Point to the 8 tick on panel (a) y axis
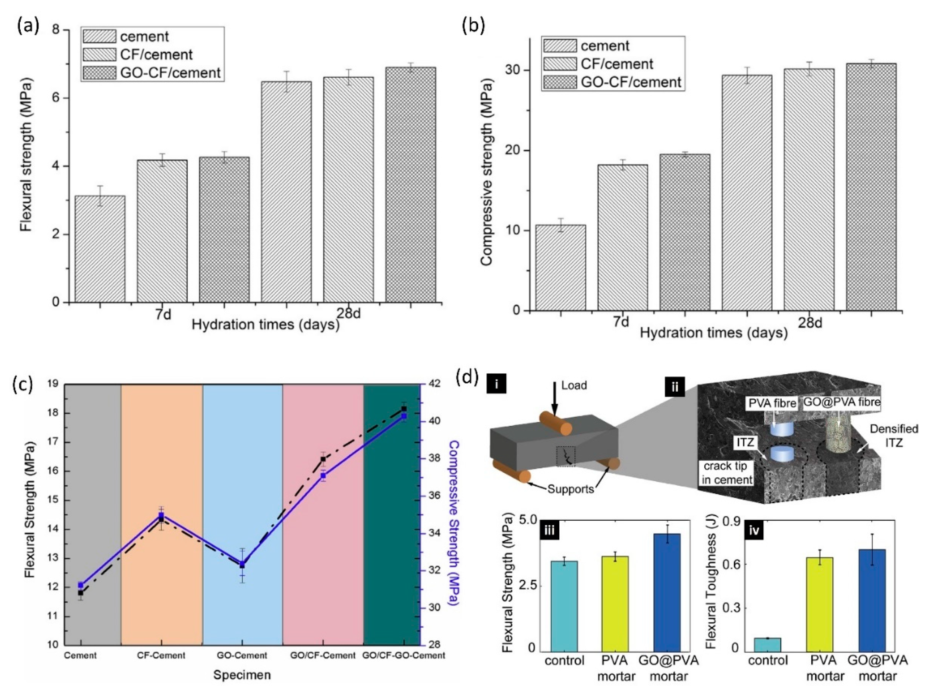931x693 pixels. click(55, 30)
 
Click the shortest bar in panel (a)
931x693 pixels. click(100, 249)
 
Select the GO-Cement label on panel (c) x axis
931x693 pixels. click(242, 655)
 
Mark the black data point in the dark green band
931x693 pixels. click(404, 409)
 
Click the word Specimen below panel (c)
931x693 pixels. click(242, 675)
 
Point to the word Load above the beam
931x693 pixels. click(574, 385)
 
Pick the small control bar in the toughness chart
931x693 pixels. click(767, 644)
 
